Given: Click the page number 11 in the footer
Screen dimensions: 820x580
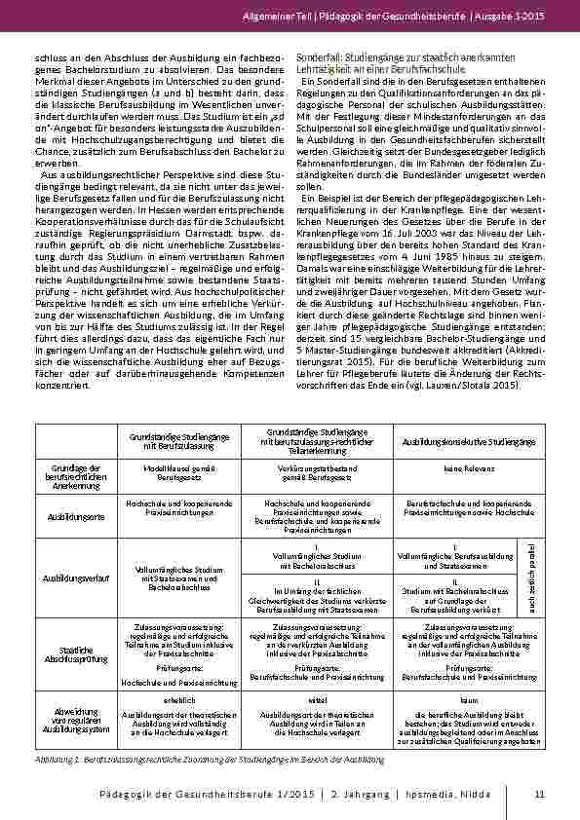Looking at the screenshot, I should click(538, 797).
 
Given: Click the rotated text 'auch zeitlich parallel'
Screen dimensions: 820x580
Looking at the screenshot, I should click(532, 577).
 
